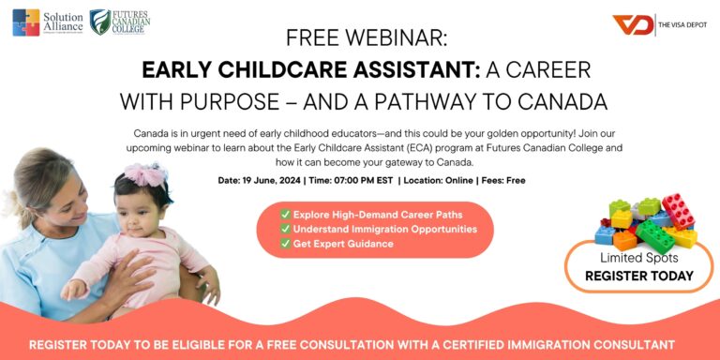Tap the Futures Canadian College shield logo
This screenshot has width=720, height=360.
pos(99,22)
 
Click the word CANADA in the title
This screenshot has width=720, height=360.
pos(561,101)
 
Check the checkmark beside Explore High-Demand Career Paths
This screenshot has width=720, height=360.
pos(286,214)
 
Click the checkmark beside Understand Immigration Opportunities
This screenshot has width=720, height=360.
pos(286,229)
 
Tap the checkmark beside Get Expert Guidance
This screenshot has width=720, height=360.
pos(286,244)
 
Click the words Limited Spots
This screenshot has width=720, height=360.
pos(638,257)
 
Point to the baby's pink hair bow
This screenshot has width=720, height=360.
pos(149,174)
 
